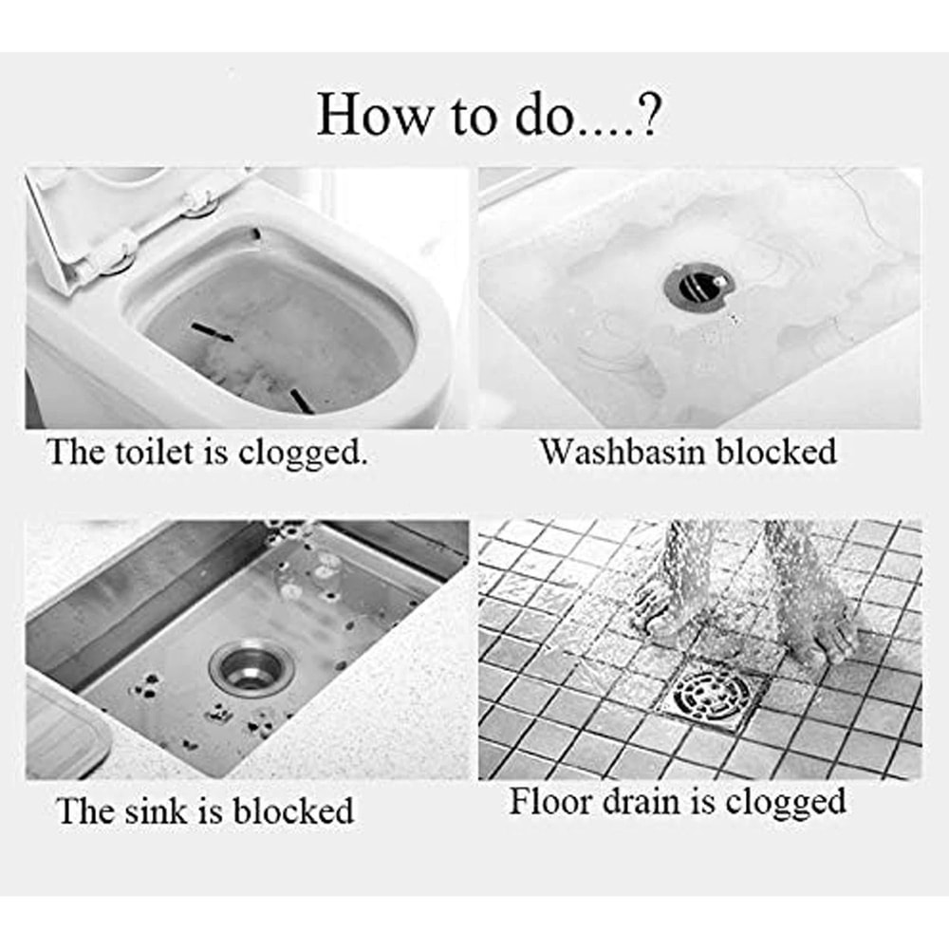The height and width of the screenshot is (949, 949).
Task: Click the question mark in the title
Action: point(644,114)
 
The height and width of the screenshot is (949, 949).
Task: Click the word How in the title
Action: point(373,114)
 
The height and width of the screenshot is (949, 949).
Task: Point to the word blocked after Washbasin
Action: point(776,452)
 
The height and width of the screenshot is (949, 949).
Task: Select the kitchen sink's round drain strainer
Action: point(244,668)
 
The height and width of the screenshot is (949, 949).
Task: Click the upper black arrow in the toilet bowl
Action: point(212,331)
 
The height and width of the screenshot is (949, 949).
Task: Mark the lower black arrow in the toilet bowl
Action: point(301,400)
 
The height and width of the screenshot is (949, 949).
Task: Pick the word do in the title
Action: point(536,114)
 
